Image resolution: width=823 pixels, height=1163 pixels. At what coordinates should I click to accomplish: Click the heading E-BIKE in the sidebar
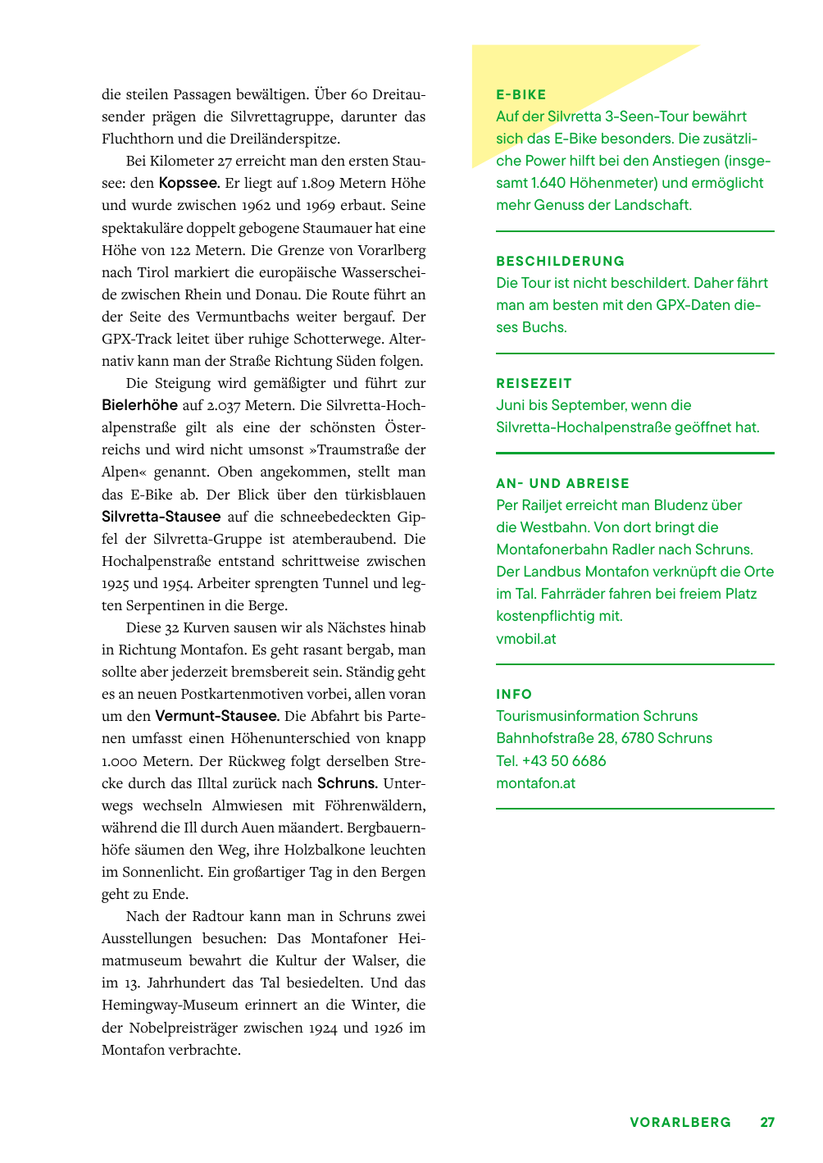(521, 95)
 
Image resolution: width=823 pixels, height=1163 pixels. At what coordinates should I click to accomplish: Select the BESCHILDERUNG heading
(560, 262)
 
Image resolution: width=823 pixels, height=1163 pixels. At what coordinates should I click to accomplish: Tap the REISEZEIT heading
(534, 384)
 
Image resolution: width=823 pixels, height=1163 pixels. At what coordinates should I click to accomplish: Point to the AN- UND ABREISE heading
(562, 484)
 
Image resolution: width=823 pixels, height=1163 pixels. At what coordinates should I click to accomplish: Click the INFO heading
(514, 695)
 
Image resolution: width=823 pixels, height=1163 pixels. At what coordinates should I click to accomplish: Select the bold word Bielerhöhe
(139, 405)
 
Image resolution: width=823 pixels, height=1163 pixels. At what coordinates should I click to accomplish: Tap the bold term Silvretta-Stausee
(161, 517)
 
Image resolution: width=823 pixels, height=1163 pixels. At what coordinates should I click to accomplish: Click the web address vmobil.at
(525, 639)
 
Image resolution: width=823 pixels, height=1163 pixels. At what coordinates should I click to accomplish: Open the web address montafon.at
(535, 783)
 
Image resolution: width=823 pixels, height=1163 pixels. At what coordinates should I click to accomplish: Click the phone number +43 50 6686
(564, 761)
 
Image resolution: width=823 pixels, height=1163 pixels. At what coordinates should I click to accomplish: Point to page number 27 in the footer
(767, 1123)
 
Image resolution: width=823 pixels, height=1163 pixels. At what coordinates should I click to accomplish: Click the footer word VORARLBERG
(680, 1123)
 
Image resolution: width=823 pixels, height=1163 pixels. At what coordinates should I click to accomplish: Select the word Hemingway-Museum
(170, 1006)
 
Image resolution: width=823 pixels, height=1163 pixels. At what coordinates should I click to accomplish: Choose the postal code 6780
(637, 738)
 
